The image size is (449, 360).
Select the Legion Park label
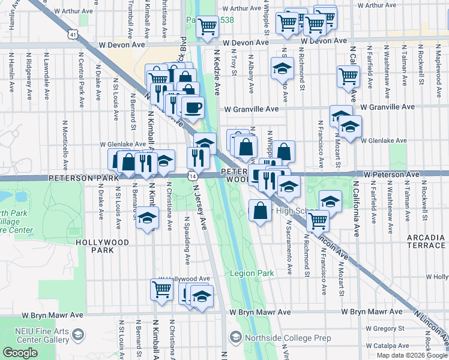click(x=252, y=273)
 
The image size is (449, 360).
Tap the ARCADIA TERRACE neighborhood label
click(x=426, y=242)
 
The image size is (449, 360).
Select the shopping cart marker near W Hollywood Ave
click(x=161, y=289)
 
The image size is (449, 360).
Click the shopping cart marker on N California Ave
click(x=348, y=77)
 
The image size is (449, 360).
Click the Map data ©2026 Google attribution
click(x=412, y=355)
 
